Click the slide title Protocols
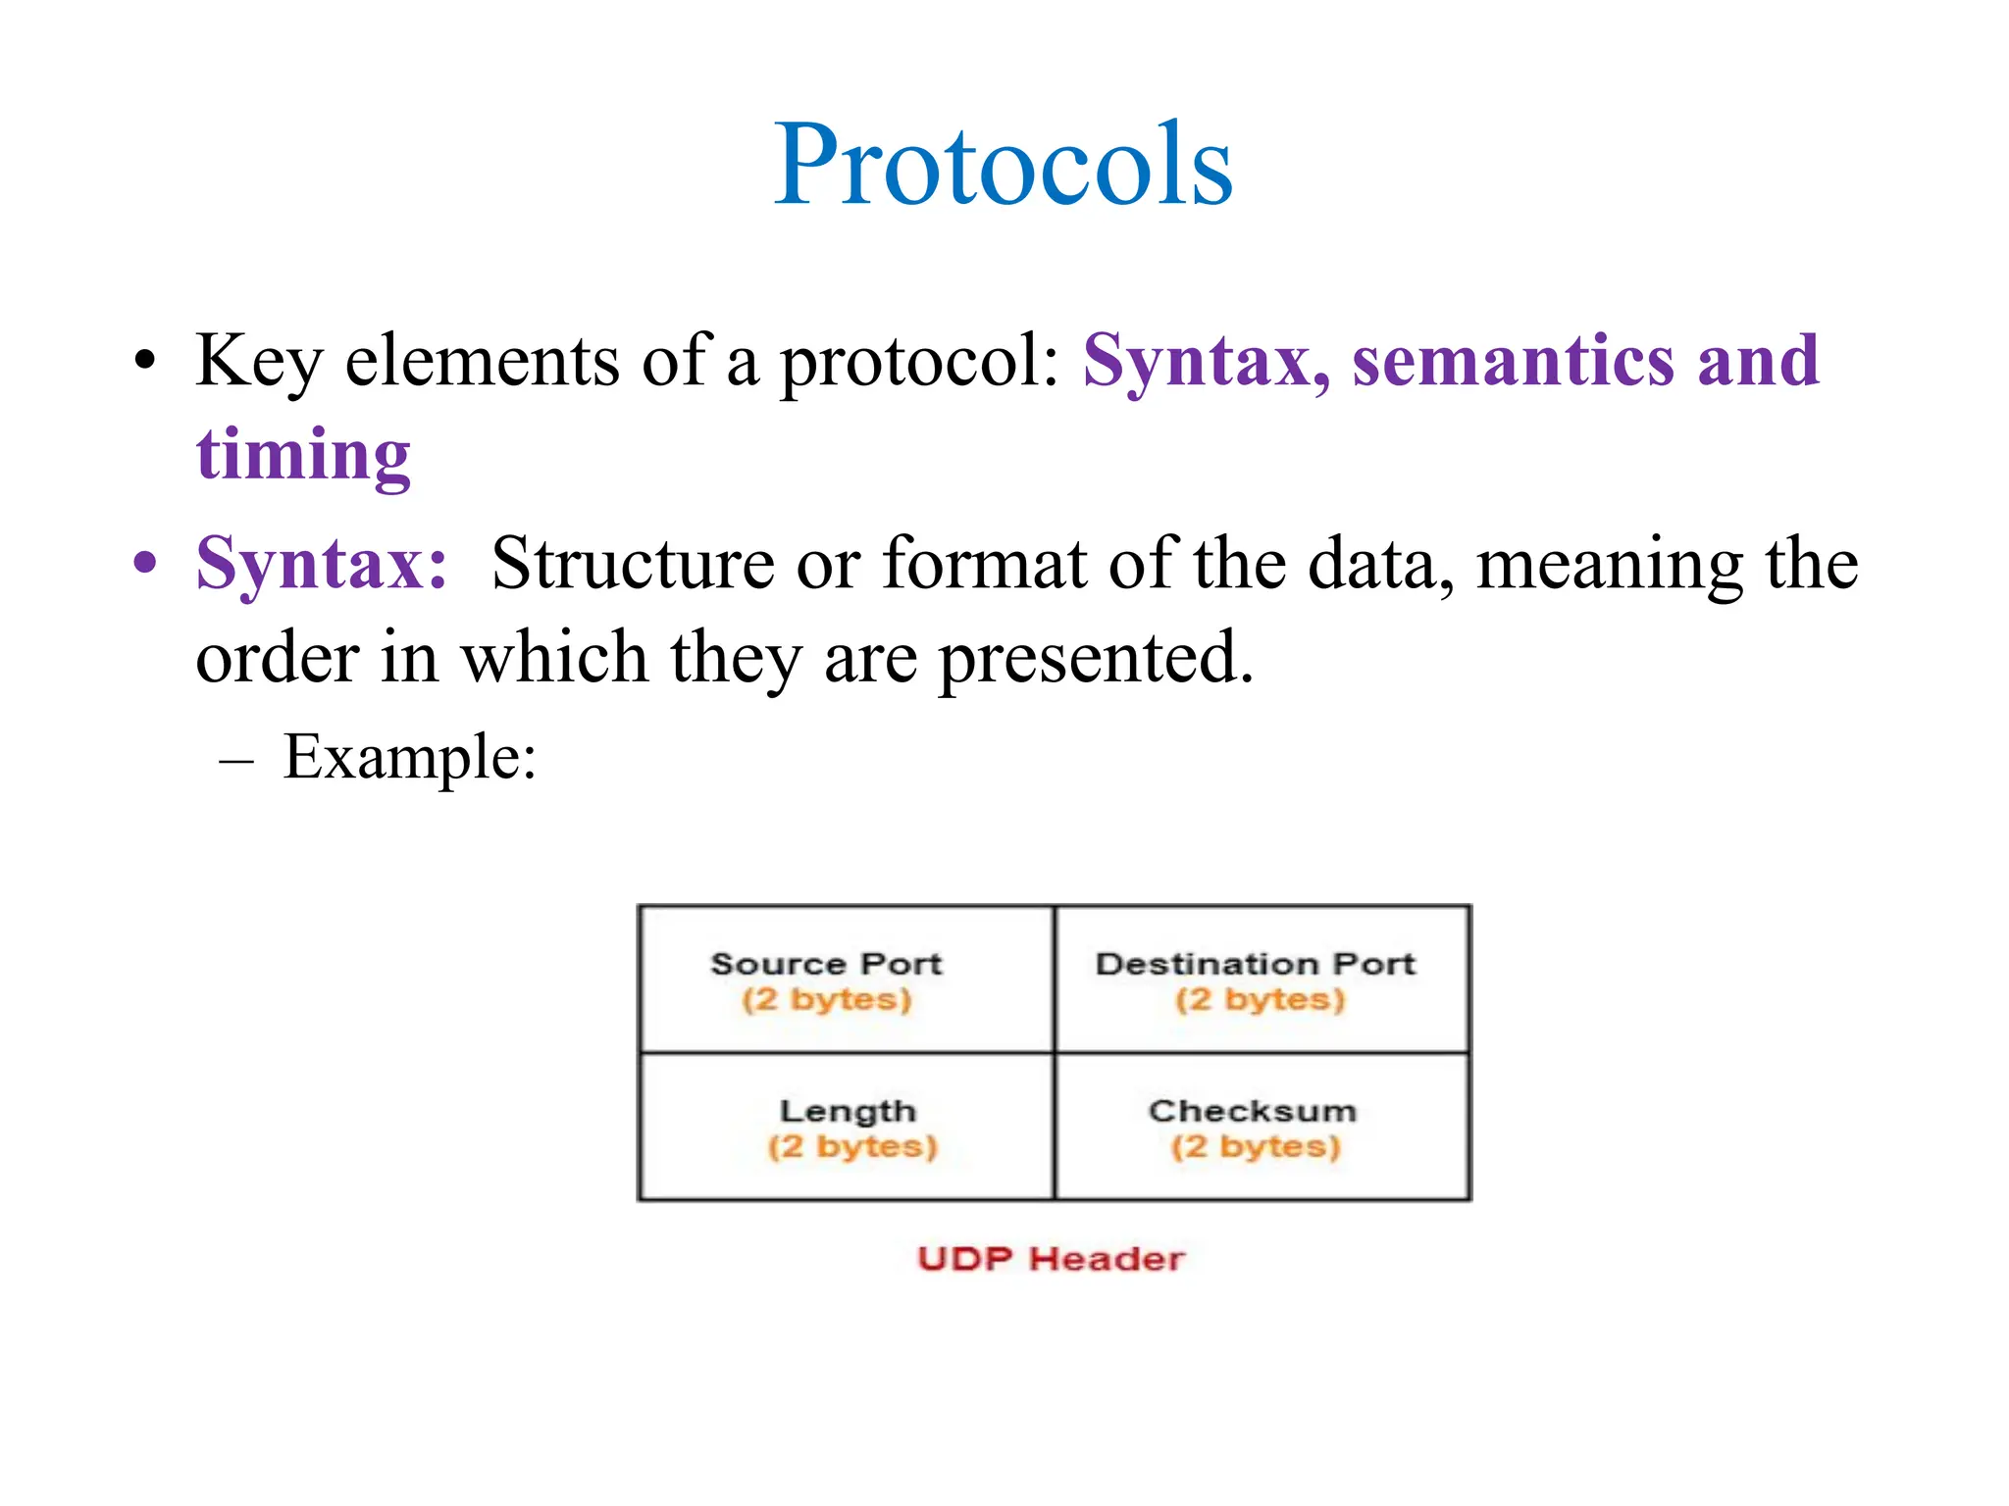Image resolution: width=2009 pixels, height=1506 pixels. coord(1003,165)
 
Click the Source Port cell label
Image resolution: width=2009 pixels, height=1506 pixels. coord(826,964)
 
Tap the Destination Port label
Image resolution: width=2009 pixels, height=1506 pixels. coord(1255,964)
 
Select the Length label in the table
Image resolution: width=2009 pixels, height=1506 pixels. coord(848,1111)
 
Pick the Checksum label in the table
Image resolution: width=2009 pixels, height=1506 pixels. coord(1253,1111)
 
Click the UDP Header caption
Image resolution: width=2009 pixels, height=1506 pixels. coord(1051,1258)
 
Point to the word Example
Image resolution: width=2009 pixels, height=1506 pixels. coord(409,757)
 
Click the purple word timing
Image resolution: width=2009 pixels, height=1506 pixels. coord(303,455)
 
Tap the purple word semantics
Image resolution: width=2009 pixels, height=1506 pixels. coord(1513,360)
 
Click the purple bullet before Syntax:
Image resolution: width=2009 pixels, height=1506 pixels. coord(145,564)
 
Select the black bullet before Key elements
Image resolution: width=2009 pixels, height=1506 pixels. coord(145,361)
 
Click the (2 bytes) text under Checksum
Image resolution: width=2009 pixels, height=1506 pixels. coord(1255,1146)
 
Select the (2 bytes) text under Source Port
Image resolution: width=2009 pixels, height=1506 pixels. coord(826,999)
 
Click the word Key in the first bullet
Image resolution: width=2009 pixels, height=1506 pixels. coord(258,361)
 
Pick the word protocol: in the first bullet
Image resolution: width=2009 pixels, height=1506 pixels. coord(920,361)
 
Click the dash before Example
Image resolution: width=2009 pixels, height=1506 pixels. coord(237,760)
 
